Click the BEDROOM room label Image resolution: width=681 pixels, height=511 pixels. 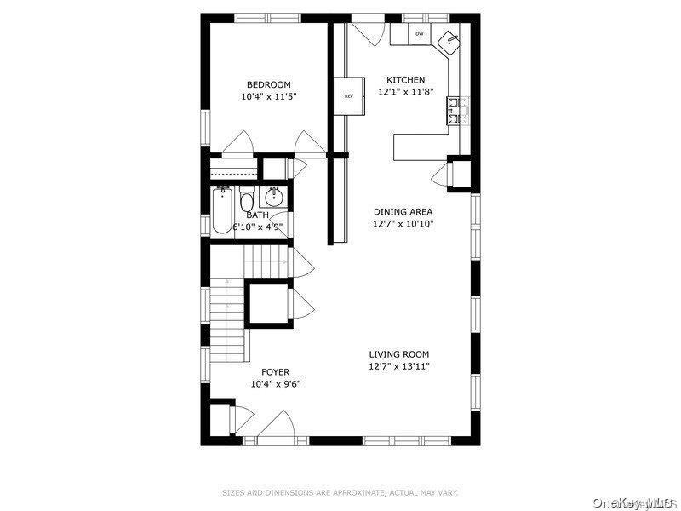[x=269, y=84]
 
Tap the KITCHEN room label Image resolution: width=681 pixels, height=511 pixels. [x=405, y=79]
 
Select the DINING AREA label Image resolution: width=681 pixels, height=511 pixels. [x=403, y=211]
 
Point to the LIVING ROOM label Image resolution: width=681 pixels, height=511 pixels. [x=398, y=354]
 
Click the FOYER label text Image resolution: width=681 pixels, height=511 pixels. [x=275, y=372]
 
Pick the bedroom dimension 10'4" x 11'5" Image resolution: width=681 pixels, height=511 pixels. [x=269, y=96]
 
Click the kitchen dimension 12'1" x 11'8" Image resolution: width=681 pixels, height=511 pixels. [x=405, y=91]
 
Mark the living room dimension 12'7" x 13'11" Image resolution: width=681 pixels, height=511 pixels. [x=398, y=366]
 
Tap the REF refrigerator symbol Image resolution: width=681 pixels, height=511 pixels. [x=348, y=96]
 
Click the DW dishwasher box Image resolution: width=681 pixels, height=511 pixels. [x=420, y=34]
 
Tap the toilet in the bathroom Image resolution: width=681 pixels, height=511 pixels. [x=246, y=202]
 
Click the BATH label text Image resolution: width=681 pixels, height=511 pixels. [x=257, y=215]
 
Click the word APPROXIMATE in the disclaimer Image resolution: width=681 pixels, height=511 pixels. [x=354, y=492]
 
